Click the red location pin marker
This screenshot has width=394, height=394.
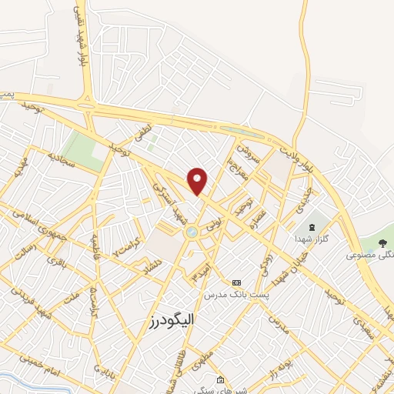[x=198, y=181]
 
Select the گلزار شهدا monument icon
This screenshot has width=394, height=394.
[x=312, y=227]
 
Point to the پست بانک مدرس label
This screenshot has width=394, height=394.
[x=236, y=295]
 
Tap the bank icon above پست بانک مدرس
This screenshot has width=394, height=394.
[x=236, y=282]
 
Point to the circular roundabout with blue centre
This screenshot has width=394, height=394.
[x=191, y=231]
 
